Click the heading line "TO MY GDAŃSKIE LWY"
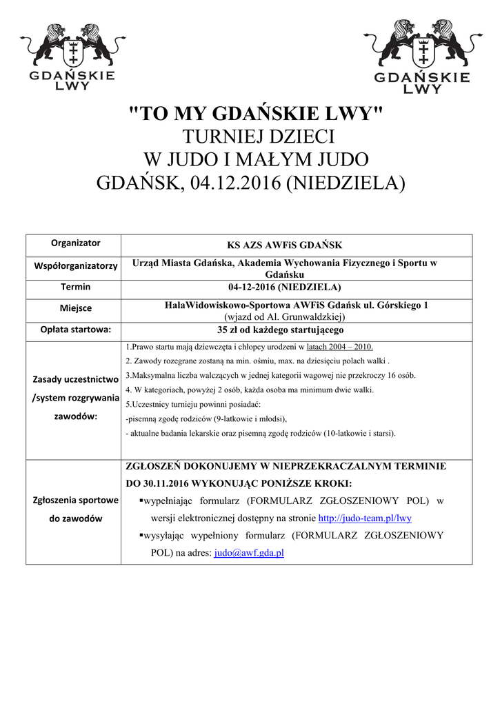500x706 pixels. [x=256, y=114]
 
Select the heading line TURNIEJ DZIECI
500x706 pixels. [x=256, y=137]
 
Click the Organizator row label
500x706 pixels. [x=75, y=243]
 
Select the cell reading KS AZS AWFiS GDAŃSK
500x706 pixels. [x=285, y=245]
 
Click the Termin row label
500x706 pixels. [x=75, y=287]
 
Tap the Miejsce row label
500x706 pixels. [x=75, y=308]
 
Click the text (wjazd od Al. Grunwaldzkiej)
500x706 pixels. [x=285, y=316]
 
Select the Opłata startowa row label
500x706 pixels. [x=75, y=330]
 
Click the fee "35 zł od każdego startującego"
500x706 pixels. [x=285, y=330]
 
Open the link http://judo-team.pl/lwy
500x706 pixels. [x=364, y=518]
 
